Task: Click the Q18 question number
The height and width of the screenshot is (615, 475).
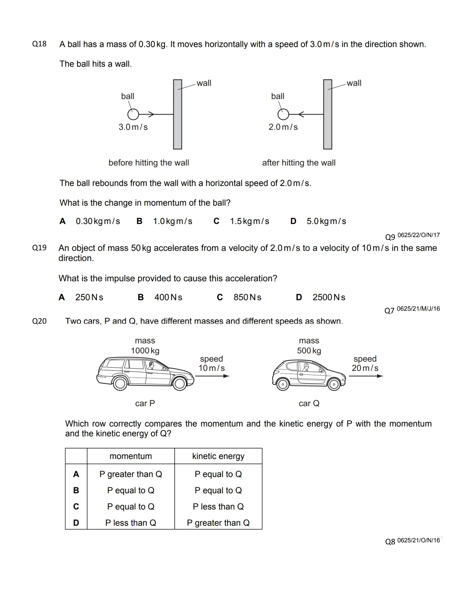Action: [39, 44]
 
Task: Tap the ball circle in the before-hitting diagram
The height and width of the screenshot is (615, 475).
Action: [133, 114]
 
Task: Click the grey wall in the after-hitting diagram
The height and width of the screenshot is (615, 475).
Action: [327, 114]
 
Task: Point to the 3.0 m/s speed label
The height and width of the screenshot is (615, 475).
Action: [133, 127]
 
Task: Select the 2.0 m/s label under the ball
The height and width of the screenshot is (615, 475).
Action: [283, 127]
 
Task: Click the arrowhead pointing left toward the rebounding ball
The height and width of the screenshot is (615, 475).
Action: [301, 114]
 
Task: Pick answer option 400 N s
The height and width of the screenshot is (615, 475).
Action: [168, 297]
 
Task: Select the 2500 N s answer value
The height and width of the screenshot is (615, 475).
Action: [329, 297]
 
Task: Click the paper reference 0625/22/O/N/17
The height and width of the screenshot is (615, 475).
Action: [418, 235]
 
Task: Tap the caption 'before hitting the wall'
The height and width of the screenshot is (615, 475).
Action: [149, 163]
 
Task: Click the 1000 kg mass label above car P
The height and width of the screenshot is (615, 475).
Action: [145, 351]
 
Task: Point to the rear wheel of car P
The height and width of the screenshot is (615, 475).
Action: [120, 384]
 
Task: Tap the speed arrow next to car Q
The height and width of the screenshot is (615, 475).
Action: [366, 376]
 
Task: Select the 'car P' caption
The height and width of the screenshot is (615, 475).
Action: [145, 403]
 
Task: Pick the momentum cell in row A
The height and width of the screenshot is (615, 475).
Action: [131, 474]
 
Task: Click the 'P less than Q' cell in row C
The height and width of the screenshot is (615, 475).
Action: [218, 507]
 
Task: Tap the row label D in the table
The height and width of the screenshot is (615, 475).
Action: [76, 523]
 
